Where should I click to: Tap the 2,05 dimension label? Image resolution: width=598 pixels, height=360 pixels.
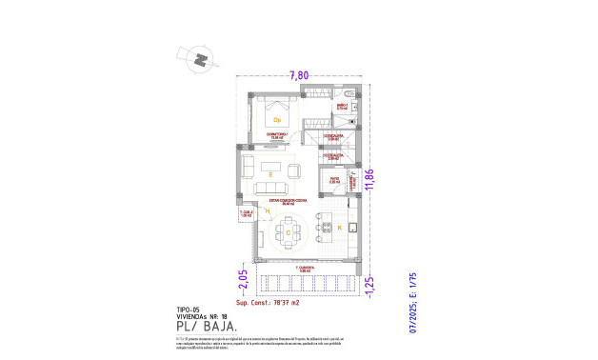pos(243,277)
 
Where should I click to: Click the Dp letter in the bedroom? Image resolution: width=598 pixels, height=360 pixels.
pos(277,120)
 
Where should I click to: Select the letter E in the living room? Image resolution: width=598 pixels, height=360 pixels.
pos(271,174)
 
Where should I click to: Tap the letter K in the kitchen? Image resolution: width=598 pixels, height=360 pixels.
pos(338,228)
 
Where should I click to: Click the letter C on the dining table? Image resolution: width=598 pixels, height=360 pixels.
pos(287,231)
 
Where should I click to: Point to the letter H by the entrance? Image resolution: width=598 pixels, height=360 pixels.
pos(254,211)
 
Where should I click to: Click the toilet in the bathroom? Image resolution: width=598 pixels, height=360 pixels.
pos(349,92)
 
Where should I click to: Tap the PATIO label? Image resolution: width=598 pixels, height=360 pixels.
pos(334,178)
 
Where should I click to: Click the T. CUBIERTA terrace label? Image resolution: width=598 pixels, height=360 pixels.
pos(305,270)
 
